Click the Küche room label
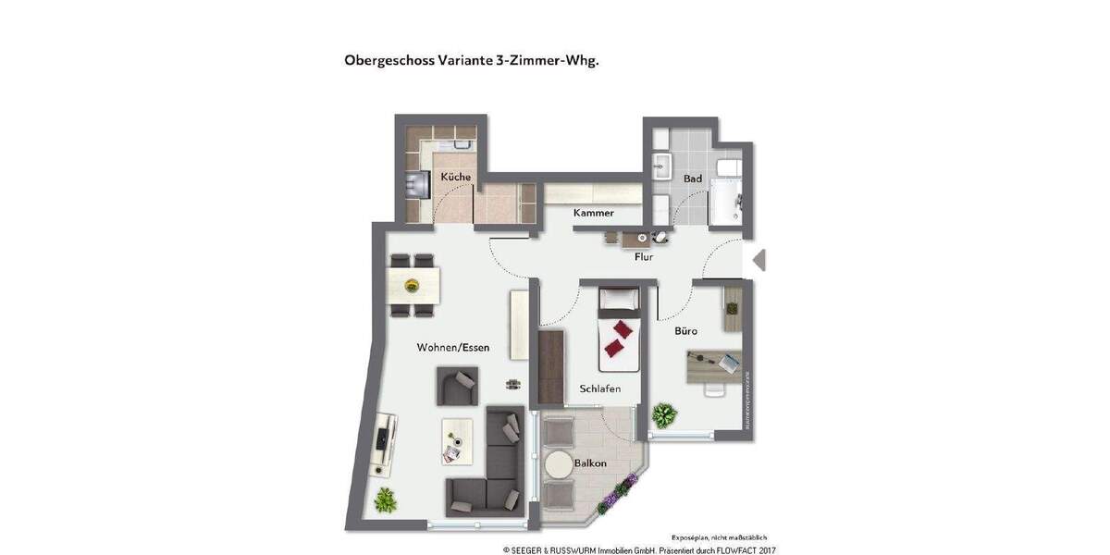pos(455,177)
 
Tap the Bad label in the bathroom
pos(693,179)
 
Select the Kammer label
pos(593,213)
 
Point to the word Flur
pos(644,257)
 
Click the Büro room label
pos(685,330)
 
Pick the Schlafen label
pos(599,388)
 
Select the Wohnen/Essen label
pos(453,348)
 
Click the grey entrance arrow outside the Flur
pos(759,261)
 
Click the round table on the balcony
pos(559,464)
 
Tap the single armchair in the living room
pos(457,386)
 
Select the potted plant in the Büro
pos(663,413)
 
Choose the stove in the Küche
pos(413,186)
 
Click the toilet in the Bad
pos(730,168)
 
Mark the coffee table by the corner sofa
pos(456,439)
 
